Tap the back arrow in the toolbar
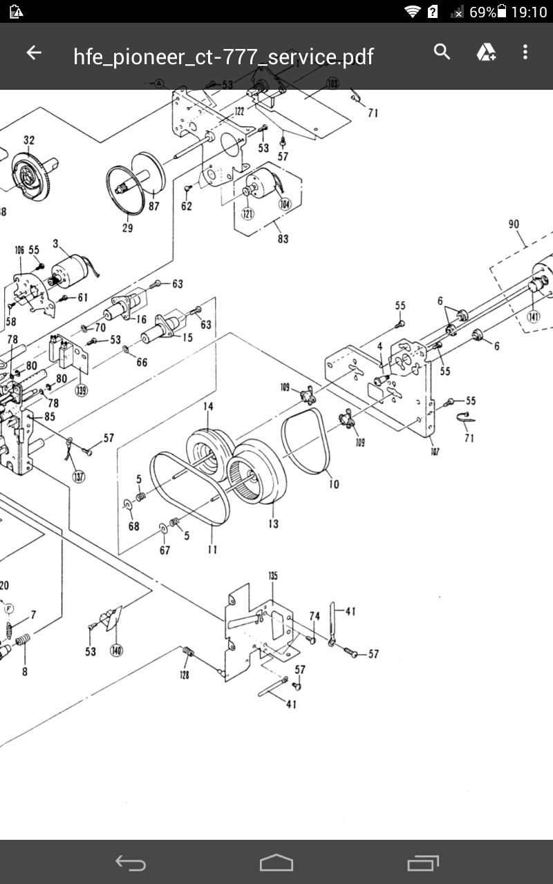(x=33, y=53)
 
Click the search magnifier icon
(x=442, y=52)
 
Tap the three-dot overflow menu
(x=525, y=52)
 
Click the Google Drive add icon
(x=486, y=52)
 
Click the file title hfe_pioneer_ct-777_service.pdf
(x=223, y=57)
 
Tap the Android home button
(x=276, y=863)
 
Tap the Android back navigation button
(x=131, y=863)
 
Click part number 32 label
(x=29, y=140)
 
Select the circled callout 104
(x=285, y=204)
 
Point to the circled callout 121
(x=247, y=213)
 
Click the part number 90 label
(x=514, y=224)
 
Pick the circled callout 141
(x=534, y=317)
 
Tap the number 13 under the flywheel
(x=274, y=523)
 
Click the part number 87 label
(x=153, y=206)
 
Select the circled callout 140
(x=117, y=651)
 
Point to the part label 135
(x=273, y=575)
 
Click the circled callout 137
(x=79, y=476)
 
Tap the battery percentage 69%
(x=482, y=12)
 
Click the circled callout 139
(x=82, y=390)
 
